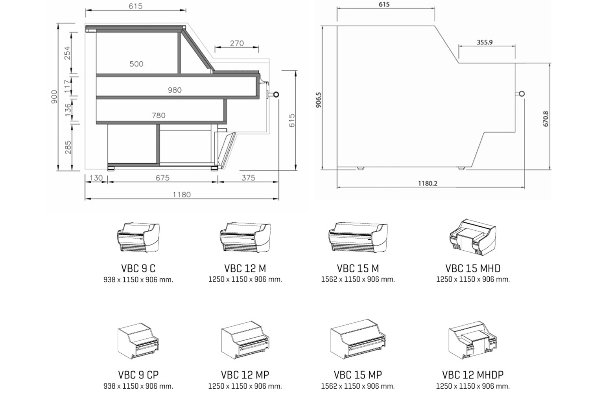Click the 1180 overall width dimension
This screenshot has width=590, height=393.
[181, 195]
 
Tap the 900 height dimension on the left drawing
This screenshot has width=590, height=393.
[54, 97]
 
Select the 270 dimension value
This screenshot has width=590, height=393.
[237, 43]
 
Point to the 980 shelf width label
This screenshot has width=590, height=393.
[175, 90]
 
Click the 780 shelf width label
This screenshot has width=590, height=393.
[159, 115]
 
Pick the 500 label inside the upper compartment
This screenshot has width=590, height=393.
[136, 64]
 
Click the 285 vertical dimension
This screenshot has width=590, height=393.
[68, 147]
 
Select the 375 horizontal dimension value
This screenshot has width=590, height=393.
[248, 178]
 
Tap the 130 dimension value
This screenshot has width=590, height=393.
[96, 178]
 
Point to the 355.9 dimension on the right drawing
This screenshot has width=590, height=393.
[485, 42]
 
